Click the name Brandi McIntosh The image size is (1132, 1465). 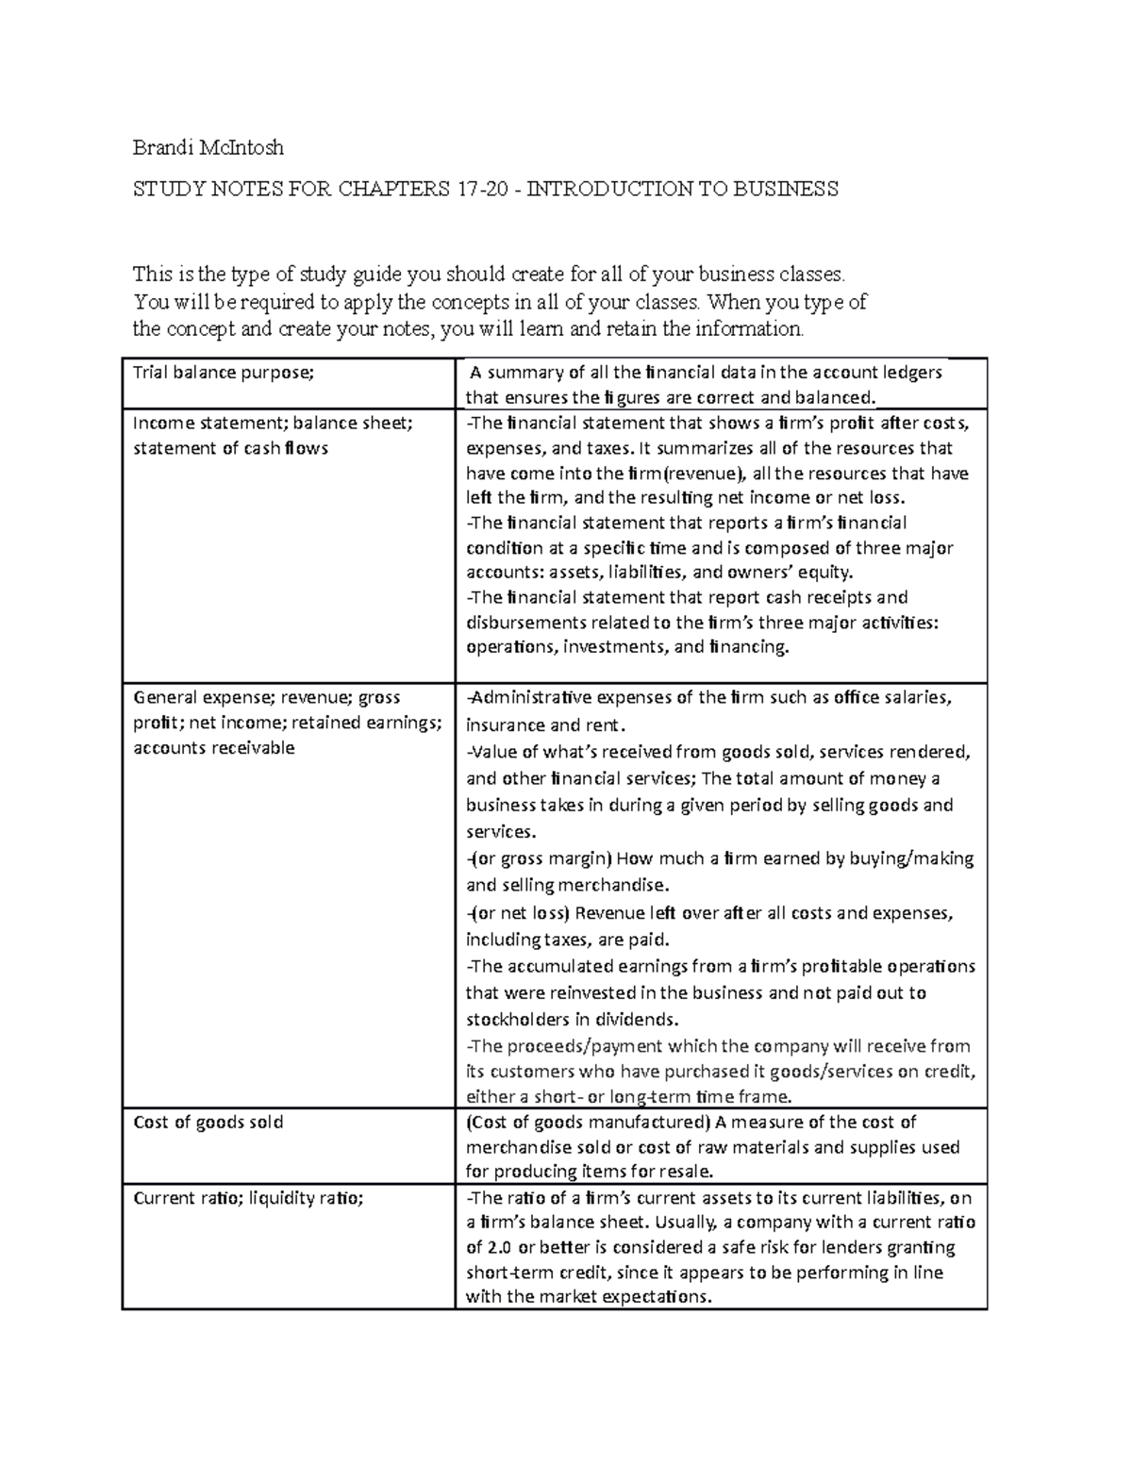click(x=208, y=147)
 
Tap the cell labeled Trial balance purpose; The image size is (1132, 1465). click(x=223, y=373)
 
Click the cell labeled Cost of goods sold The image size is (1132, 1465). click(x=208, y=1123)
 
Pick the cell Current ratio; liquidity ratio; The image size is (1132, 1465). click(x=248, y=1198)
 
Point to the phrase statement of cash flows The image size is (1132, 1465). click(x=230, y=448)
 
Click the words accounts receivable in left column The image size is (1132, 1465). click(x=214, y=748)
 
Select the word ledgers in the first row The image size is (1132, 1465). click(x=911, y=373)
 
